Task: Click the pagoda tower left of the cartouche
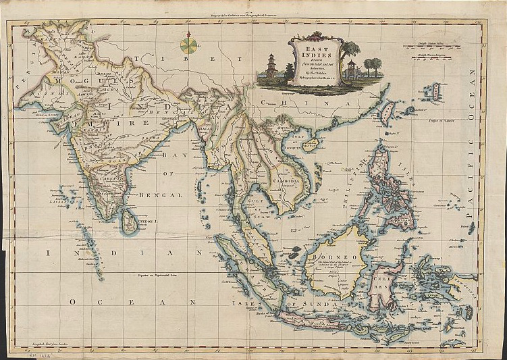point(271,66)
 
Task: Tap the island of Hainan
point(310,143)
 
